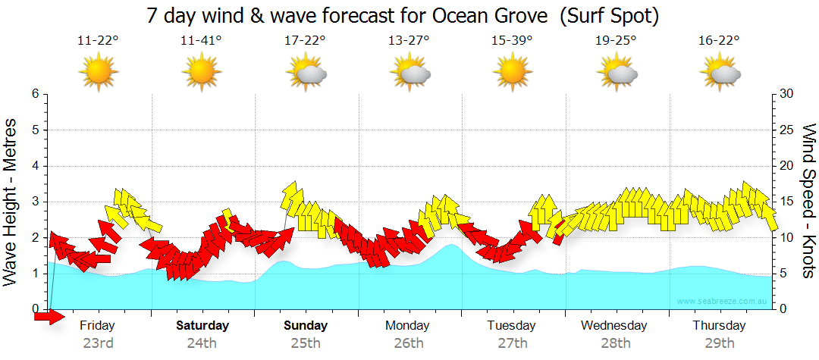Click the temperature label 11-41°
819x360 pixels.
point(201,40)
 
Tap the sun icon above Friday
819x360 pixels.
point(98,73)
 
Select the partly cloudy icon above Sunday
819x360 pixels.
point(305,73)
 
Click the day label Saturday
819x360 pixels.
point(202,326)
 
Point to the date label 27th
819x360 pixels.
point(513,343)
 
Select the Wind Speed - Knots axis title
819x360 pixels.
point(808,201)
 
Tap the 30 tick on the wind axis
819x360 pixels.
point(786,94)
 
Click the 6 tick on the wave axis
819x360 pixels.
point(34,94)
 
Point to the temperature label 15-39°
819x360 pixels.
point(512,40)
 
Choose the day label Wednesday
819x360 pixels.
point(614,326)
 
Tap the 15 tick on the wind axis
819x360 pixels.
point(786,202)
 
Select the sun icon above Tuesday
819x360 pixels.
point(512,73)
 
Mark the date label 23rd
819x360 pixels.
point(98,343)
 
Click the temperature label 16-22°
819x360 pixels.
point(719,40)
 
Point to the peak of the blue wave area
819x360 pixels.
point(452,245)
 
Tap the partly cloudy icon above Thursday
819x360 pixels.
point(719,73)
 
